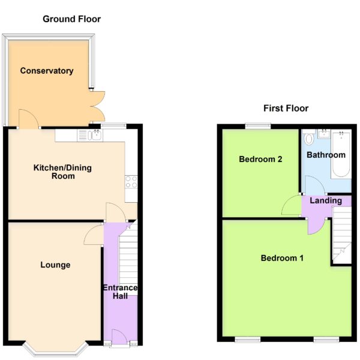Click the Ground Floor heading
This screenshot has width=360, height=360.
click(71, 19)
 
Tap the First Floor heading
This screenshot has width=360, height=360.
click(286, 109)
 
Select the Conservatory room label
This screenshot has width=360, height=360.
click(47, 71)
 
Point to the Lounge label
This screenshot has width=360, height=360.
click(55, 265)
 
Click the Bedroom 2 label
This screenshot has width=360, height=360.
click(260, 159)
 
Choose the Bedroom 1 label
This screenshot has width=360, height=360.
click(282, 258)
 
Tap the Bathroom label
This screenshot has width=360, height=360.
click(326, 155)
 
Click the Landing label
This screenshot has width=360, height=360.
click(326, 200)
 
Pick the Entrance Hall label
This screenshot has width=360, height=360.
click(120, 292)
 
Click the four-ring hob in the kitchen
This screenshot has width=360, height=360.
click(131, 182)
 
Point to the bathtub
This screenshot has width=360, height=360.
click(341, 154)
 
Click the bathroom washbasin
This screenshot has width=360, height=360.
click(324, 134)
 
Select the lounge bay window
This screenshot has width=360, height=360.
click(55, 349)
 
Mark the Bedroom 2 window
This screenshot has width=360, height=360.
click(258, 126)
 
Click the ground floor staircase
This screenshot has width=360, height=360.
click(128, 257)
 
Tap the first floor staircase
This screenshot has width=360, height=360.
click(342, 235)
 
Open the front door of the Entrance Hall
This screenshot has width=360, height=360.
click(119, 337)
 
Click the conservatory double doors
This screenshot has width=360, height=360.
click(98, 106)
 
